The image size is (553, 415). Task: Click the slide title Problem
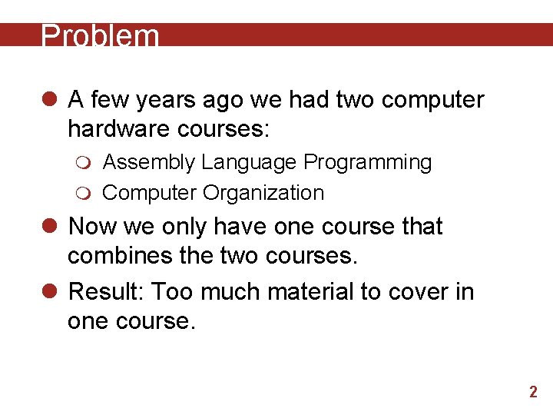click(x=100, y=36)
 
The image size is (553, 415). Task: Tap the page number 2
click(x=533, y=393)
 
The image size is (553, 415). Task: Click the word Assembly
click(x=148, y=163)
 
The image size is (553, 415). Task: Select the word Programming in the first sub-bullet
click(x=368, y=163)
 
